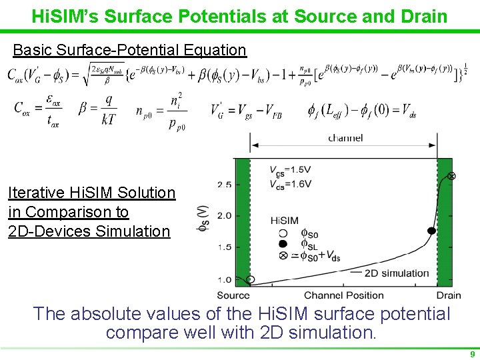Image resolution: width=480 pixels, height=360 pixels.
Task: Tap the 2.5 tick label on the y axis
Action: tap(225, 184)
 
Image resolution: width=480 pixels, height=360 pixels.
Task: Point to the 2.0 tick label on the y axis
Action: tap(225, 216)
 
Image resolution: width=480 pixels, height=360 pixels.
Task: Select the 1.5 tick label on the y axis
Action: tap(225, 247)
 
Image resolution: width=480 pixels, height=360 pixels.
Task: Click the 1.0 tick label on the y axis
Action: tap(225, 279)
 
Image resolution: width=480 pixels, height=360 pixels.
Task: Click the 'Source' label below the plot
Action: tap(233, 295)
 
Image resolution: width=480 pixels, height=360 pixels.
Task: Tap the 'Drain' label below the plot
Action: tap(449, 295)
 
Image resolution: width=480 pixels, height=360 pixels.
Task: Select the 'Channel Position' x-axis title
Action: tap(344, 295)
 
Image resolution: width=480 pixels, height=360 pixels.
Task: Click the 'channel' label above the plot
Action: tap(345, 138)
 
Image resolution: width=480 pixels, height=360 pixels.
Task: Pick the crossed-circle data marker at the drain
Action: tap(451, 176)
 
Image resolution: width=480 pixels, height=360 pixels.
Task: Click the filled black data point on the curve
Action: tap(431, 231)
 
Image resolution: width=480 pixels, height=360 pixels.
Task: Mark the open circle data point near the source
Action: tap(250, 279)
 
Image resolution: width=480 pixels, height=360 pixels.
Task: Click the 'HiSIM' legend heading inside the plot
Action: tap(285, 220)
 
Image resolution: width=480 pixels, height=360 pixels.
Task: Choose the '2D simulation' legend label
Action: tap(397, 273)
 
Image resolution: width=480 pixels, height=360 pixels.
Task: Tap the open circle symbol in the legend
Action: tap(283, 233)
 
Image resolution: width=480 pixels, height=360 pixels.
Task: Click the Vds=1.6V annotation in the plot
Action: tap(290, 185)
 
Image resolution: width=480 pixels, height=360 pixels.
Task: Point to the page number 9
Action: tap(472, 354)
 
